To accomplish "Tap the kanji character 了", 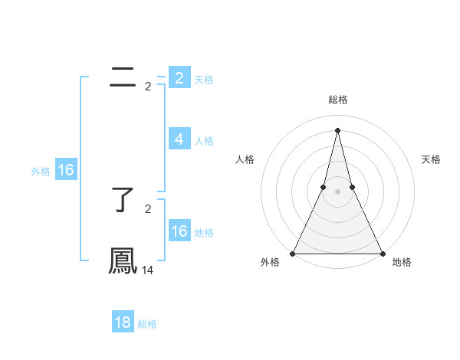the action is (123, 199).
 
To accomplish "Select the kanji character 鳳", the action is (123, 260).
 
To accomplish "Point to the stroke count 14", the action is (148, 270).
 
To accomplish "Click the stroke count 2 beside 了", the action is (148, 208).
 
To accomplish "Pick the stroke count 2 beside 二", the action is (148, 87).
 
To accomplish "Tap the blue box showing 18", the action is (123, 322).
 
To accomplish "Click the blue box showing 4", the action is (179, 139).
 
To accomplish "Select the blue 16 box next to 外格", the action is (66, 170).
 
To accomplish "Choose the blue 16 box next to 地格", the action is (179, 231).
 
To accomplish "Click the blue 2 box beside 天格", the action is (179, 78).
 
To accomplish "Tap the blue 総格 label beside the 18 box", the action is (147, 324).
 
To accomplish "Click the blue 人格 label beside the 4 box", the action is (204, 141).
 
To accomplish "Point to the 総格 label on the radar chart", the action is (337, 100).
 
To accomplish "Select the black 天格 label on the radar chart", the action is (431, 159).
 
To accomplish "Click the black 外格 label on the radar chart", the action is (270, 262).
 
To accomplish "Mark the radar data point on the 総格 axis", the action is (337, 129).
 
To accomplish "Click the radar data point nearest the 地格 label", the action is (382, 253).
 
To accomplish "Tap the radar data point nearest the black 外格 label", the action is (293, 253).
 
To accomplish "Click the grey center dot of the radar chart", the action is (337, 191).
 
